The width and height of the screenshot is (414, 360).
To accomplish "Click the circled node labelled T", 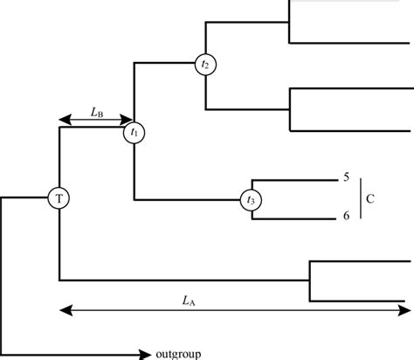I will (59, 198).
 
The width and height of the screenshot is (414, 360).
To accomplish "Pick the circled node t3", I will (252, 200).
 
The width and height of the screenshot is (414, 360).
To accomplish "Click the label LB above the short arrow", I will (99, 112).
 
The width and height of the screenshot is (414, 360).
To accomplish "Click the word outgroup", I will (179, 354).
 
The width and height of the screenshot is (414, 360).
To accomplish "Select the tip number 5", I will (347, 177).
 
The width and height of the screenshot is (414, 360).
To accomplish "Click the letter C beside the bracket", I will (370, 198).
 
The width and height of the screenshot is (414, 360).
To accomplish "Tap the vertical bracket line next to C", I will (358, 197).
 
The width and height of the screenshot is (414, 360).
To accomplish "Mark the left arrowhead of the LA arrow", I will (63, 309).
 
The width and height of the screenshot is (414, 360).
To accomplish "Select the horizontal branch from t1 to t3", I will (188, 199).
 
